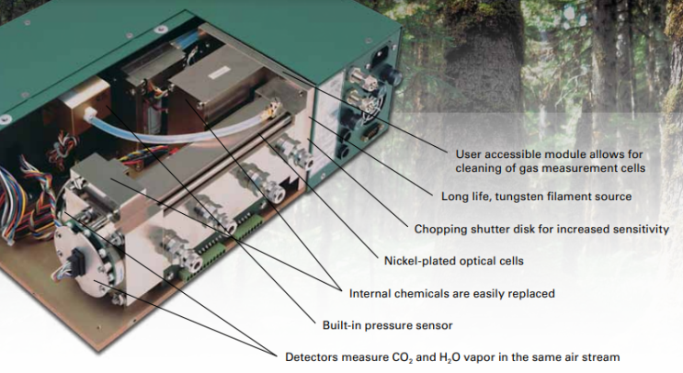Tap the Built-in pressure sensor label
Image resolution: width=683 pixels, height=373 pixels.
coord(387,325)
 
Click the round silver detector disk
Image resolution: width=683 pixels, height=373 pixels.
coord(82,258)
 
